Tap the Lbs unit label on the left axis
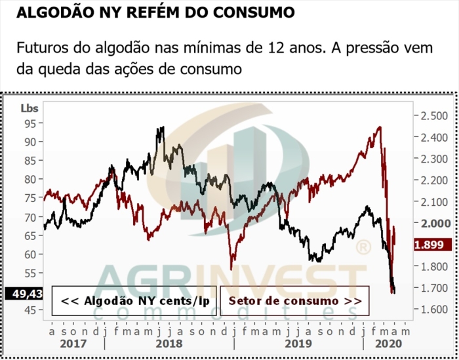click(30, 108)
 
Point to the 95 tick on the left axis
click(30, 123)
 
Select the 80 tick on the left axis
click(30, 179)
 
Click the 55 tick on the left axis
click(30, 273)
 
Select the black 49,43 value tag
click(24, 293)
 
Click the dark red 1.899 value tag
click(433, 245)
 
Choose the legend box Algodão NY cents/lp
click(135, 300)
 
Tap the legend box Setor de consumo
click(294, 300)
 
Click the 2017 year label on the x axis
click(73, 342)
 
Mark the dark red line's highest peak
click(379, 127)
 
